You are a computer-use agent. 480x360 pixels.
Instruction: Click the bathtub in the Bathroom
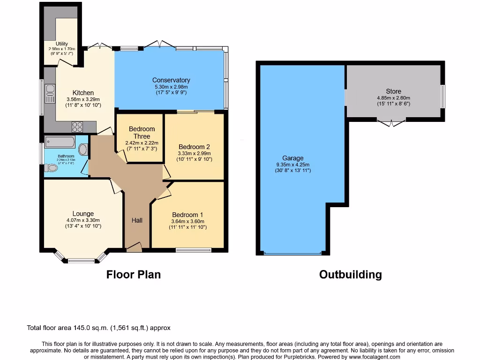tap(60, 141)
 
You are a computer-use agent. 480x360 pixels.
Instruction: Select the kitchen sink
tap(50, 93)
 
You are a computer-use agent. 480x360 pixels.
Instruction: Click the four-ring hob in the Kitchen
tap(77, 127)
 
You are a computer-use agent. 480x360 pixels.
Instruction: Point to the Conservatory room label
tap(171, 80)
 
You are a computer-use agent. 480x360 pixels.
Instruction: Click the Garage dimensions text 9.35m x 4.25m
tap(293, 165)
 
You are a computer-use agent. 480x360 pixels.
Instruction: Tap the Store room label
tap(393, 91)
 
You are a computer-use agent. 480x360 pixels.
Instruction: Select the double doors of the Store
tap(391, 123)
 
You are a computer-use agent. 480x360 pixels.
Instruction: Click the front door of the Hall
tap(135, 247)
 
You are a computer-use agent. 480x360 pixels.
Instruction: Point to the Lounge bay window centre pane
tap(81, 260)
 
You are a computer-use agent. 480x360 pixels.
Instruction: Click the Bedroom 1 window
tap(193, 250)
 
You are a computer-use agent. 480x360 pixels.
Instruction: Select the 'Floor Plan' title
tap(133, 275)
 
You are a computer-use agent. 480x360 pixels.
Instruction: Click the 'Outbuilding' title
tap(350, 275)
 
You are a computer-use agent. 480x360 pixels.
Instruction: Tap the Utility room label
tap(62, 44)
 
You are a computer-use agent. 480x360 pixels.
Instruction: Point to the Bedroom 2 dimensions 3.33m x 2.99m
tap(195, 153)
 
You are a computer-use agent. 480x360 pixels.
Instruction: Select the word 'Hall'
tap(137, 220)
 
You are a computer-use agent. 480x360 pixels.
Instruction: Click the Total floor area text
tap(98, 328)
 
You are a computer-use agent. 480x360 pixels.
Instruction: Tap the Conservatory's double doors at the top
tap(160, 45)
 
